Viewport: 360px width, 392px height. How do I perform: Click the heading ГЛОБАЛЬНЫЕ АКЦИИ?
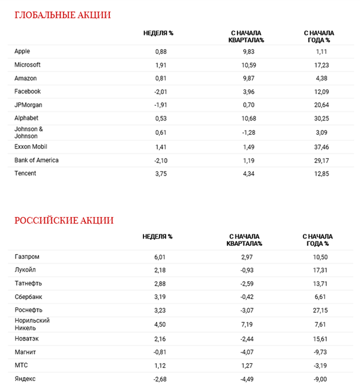point(63,15)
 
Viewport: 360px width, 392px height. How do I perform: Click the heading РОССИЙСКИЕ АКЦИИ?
point(64,221)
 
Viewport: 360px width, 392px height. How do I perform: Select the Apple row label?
point(22,52)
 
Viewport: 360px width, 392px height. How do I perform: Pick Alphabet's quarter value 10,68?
point(247,118)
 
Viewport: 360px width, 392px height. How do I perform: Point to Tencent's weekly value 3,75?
point(161,173)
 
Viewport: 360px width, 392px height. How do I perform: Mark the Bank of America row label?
point(36,160)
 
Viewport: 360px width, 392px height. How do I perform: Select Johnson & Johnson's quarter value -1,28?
point(247,132)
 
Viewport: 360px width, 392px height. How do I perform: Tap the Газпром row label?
point(27,257)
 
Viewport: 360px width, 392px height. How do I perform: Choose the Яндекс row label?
point(25,379)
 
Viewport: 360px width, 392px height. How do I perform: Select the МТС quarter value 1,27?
point(247,365)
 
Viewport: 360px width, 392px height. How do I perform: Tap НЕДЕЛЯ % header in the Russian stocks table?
point(157,237)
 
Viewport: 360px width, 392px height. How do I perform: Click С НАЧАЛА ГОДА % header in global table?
point(319,36)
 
